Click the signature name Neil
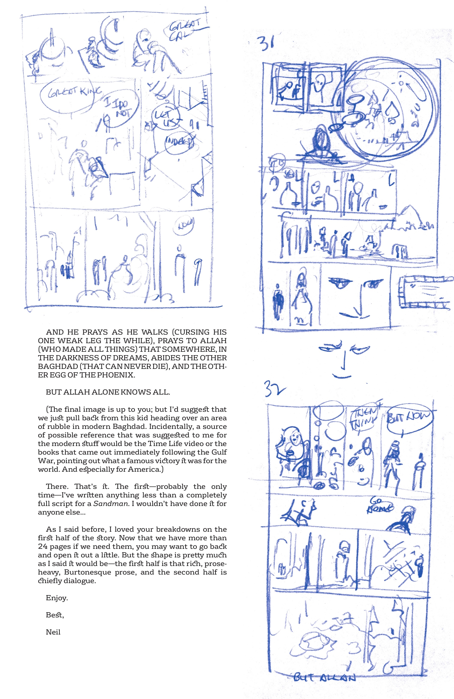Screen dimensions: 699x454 click(x=53, y=632)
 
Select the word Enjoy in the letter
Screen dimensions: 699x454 click(x=57, y=598)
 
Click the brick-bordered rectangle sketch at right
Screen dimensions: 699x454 click(x=425, y=291)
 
